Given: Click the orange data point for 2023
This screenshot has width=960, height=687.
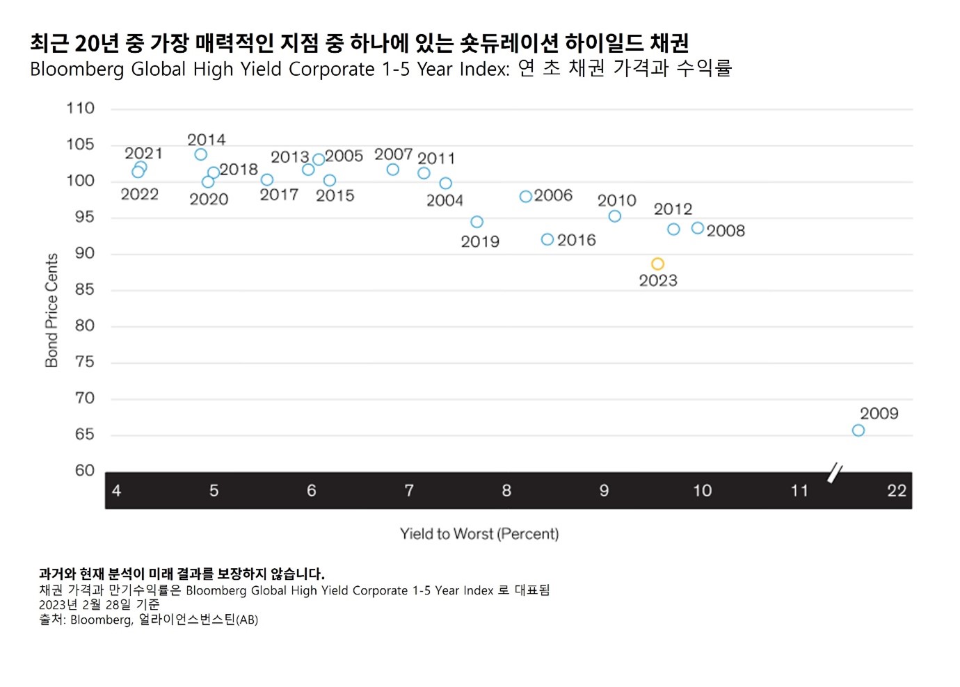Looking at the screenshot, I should click(x=657, y=264).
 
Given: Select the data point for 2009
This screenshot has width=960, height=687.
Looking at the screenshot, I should click(x=858, y=430).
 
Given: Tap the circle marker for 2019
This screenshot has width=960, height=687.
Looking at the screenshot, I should click(x=477, y=223).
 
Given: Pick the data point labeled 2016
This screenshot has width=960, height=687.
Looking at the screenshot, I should click(x=547, y=240).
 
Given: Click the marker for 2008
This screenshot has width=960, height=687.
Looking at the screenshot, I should click(x=698, y=228).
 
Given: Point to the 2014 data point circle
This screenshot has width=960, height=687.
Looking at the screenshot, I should click(x=200, y=154).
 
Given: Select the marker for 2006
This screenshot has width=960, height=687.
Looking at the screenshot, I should click(x=526, y=197).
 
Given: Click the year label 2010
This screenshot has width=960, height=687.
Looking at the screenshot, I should click(x=616, y=201).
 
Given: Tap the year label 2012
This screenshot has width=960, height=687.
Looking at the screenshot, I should click(x=673, y=209).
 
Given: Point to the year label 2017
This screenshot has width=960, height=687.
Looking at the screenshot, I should click(x=279, y=195).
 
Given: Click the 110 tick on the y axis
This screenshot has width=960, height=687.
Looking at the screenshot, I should click(x=80, y=108).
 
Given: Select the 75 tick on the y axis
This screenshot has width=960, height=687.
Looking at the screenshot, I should click(x=84, y=362).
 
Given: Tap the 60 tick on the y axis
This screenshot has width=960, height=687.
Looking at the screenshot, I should click(x=84, y=471).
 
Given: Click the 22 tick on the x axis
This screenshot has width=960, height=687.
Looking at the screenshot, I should click(x=897, y=491).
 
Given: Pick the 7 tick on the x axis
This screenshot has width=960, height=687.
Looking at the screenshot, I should click(x=409, y=491).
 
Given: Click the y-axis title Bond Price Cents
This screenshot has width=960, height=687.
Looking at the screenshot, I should click(x=51, y=310).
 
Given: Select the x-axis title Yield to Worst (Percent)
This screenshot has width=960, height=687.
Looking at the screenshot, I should click(x=479, y=534).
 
